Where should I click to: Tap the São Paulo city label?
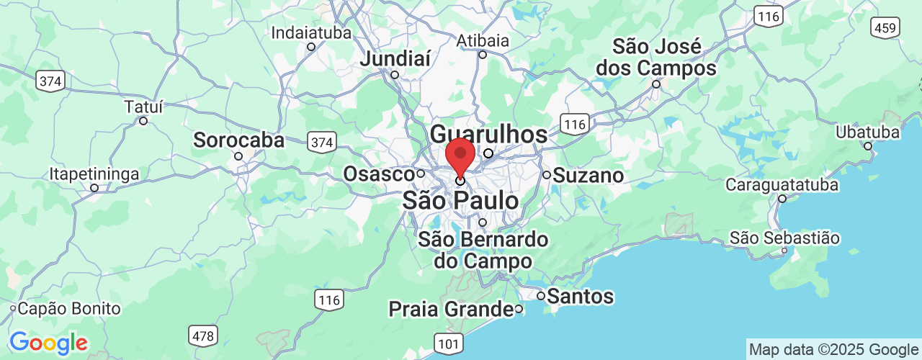460,200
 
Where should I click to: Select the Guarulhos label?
488,135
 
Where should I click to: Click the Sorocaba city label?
238,140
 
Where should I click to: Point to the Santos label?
580,296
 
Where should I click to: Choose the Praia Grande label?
450,309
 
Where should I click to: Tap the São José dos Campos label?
664,58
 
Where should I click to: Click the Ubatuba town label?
867,132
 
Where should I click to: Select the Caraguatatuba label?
782,185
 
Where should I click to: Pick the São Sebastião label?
784,238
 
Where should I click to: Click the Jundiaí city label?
394,59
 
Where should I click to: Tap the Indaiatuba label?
311,33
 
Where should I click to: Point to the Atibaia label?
483,40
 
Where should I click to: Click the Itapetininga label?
94,174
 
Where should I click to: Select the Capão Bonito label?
68,309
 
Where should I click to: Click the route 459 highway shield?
884,28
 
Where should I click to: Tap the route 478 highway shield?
203,335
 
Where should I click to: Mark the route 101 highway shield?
449,344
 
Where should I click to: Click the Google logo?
48,343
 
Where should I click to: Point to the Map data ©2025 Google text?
833,350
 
